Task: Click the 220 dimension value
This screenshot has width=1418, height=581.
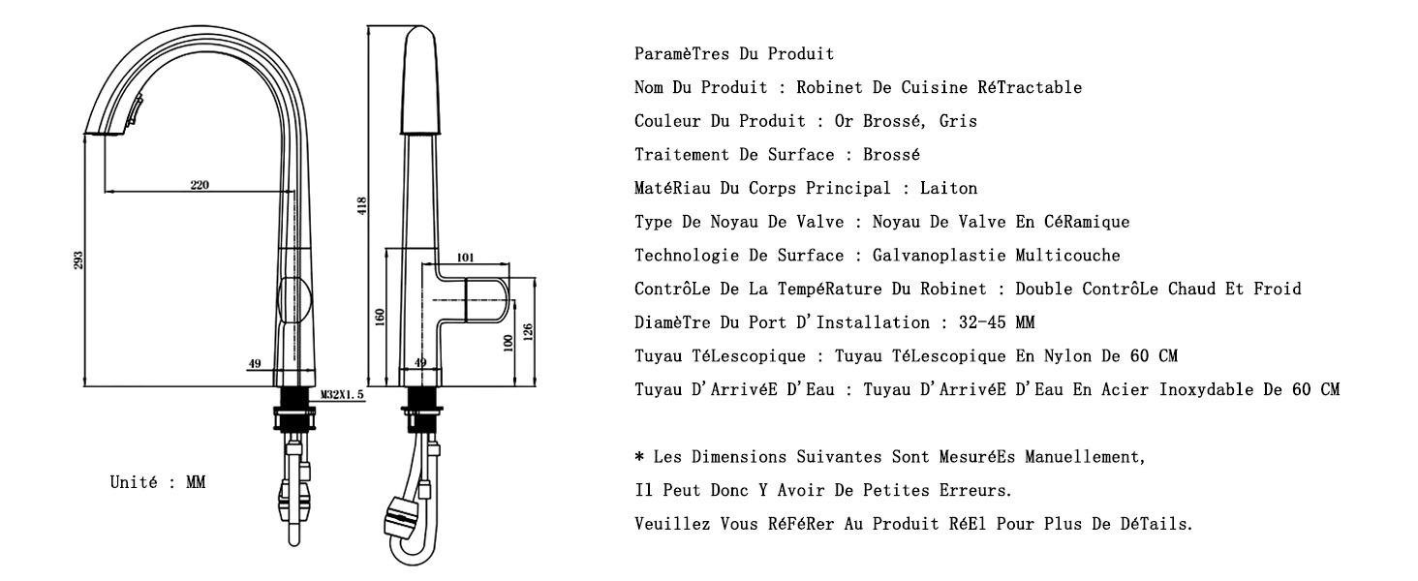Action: [200, 185]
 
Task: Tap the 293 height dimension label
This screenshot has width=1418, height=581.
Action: [77, 260]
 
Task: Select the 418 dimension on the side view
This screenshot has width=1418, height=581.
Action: [361, 205]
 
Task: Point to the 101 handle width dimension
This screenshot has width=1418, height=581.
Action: [465, 257]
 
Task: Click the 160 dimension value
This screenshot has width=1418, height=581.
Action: [380, 317]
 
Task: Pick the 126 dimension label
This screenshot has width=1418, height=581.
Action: [528, 331]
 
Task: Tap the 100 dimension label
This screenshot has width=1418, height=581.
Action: [508, 344]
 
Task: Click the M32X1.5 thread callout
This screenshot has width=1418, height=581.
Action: [342, 394]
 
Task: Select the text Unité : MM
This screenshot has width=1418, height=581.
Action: [158, 482]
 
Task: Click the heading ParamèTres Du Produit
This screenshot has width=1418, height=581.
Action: [733, 54]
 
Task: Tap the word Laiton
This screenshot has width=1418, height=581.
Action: [948, 188]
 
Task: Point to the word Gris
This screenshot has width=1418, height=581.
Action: [958, 121]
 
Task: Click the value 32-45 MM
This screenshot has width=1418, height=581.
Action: [997, 322]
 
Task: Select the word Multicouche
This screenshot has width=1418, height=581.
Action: [1068, 255]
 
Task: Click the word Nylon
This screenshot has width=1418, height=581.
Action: [1068, 355]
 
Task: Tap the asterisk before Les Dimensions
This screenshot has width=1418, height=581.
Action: [639, 456]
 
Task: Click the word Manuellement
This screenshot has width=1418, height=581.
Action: [1085, 456]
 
